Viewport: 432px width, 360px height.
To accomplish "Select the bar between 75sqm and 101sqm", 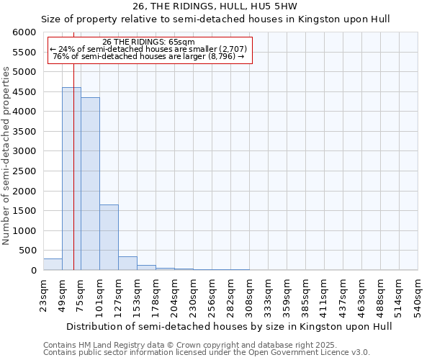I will pyautogui.click(x=90, y=184).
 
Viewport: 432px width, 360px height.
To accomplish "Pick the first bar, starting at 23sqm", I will pyautogui.click(x=53, y=264).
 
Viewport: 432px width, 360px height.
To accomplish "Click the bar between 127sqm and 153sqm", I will pyautogui.click(x=127, y=264).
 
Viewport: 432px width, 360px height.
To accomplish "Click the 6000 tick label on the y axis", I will pyautogui.click(x=25, y=32).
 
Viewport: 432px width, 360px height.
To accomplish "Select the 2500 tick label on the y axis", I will pyautogui.click(x=25, y=171).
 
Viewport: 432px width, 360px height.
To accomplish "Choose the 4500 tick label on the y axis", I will pyautogui.click(x=25, y=92).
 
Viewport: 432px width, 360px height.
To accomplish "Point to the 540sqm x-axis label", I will pyautogui.click(x=418, y=294).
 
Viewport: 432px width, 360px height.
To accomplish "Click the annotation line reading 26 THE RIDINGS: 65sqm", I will pyautogui.click(x=148, y=42).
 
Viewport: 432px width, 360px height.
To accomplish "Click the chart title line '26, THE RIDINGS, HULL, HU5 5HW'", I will pyautogui.click(x=215, y=6).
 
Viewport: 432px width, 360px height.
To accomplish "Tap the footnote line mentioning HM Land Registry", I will pyautogui.click(x=190, y=345).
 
